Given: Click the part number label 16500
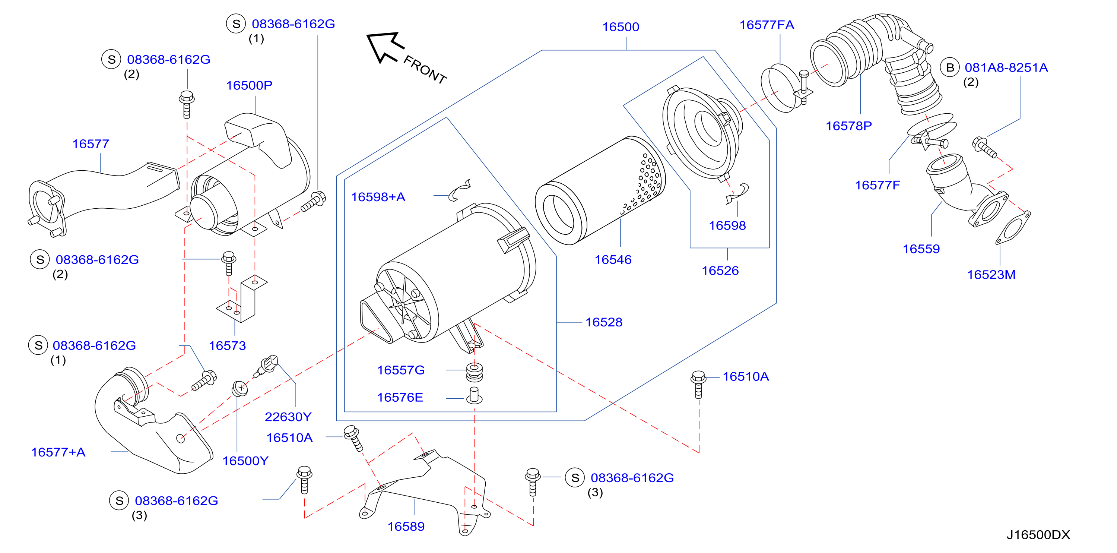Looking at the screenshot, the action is (x=621, y=27).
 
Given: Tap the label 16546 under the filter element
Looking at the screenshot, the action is (x=613, y=260).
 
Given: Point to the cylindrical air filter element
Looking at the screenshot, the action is (x=600, y=190).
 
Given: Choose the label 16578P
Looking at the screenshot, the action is (x=848, y=126).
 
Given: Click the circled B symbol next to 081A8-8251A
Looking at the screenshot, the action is (x=950, y=68).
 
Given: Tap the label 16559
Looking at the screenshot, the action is (x=921, y=249).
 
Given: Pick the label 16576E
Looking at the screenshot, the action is (x=400, y=397).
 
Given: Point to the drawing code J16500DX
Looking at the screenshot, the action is (x=1038, y=535).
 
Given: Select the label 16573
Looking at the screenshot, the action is (x=227, y=346).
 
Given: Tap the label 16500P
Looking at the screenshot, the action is (x=249, y=85).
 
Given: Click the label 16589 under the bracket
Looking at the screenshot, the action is (x=406, y=527).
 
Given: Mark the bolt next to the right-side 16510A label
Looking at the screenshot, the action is (x=698, y=384).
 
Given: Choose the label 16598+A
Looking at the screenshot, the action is (x=378, y=197).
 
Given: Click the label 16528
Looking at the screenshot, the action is (x=604, y=322).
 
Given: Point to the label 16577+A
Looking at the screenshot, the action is (x=58, y=452).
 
